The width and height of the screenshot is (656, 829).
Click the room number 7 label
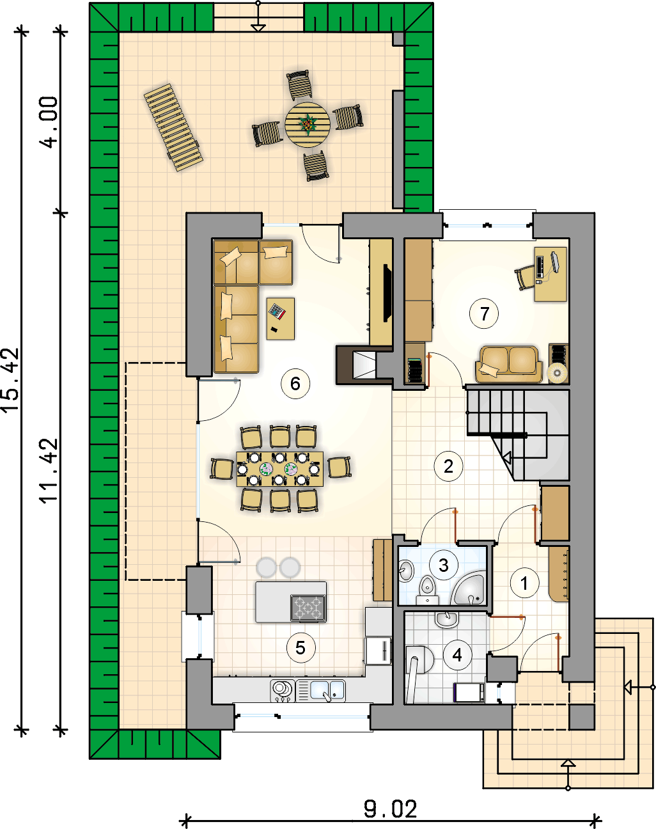pos(484,314)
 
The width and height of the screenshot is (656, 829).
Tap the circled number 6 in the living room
pos(295,383)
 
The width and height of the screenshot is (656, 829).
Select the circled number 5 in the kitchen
pos(301,648)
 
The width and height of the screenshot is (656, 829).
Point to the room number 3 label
pos(443,565)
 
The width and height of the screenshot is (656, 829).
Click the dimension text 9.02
pos(391,809)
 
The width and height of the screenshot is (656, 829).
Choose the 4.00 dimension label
pos(49,122)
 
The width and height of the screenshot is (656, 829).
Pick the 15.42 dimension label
pos(11,381)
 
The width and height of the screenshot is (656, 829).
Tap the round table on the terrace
pos(308,124)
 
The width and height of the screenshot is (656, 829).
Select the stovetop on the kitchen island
pos(309,608)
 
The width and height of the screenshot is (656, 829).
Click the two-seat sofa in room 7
pos(509,364)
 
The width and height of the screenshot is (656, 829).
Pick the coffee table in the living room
pos(280,318)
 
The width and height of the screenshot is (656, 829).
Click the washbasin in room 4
pos(446,619)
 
